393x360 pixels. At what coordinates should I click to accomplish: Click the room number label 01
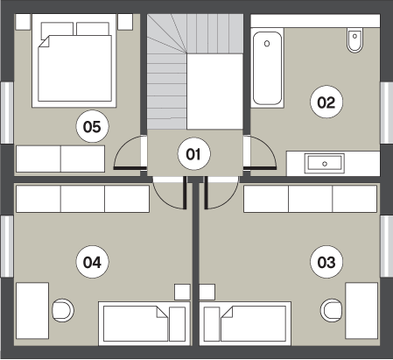coord(193,154)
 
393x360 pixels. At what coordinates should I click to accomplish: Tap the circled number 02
coord(326,102)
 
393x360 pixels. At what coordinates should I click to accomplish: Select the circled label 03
coord(326,262)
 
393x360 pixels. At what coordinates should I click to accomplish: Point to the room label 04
coord(92,262)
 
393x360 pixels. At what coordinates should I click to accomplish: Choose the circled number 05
coord(92,126)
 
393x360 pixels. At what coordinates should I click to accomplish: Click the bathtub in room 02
coord(267,68)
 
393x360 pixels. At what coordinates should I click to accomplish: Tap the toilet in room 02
coord(354,40)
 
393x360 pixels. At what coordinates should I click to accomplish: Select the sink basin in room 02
coord(325,164)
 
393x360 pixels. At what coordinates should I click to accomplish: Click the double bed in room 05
coord(74,60)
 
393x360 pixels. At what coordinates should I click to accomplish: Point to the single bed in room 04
coord(144,323)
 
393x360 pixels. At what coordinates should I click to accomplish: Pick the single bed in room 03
coord(245,323)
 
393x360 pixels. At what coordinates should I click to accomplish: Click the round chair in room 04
coord(63,310)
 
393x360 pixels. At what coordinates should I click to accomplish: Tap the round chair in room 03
coord(332,310)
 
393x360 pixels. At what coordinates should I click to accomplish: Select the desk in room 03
coord(361,311)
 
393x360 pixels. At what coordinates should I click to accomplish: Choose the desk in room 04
coord(32,311)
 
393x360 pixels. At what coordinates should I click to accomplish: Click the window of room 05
coord(7,113)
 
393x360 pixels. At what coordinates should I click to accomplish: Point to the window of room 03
coord(386,246)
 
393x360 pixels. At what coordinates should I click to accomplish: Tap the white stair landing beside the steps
coord(214,91)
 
